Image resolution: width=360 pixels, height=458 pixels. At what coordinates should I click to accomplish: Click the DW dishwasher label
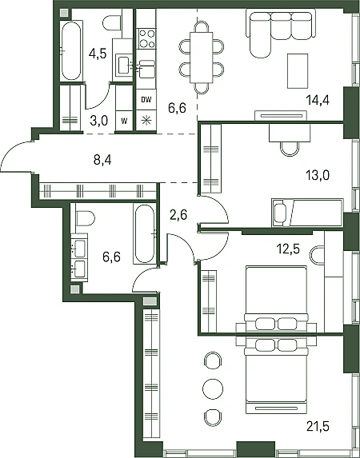tap(146, 100)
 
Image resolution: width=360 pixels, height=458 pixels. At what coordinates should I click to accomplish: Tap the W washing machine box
tap(124, 121)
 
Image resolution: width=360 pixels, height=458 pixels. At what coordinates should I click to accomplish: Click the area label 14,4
tap(318, 101)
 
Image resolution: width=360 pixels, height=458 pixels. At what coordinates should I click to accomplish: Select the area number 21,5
tap(318, 427)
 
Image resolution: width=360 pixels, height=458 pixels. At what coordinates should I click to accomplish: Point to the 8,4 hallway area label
tap(102, 160)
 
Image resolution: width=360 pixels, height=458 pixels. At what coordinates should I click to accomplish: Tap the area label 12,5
tap(288, 249)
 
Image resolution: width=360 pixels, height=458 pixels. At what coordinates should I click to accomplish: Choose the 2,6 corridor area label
tap(178, 216)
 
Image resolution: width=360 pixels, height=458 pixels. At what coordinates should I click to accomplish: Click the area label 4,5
tap(98, 54)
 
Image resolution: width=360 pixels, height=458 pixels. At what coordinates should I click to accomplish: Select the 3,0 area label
tap(99, 121)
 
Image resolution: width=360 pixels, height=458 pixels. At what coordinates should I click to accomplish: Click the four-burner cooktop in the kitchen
tap(146, 38)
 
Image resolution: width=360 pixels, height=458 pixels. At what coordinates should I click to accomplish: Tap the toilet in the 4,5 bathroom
tap(112, 23)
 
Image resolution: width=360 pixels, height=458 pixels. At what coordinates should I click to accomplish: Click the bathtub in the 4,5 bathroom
tap(71, 50)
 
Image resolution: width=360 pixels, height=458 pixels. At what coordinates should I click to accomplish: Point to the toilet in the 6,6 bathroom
tap(85, 218)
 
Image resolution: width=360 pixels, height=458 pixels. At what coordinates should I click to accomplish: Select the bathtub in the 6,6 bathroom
tap(145, 233)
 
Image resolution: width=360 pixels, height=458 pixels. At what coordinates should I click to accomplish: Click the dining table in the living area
tap(202, 58)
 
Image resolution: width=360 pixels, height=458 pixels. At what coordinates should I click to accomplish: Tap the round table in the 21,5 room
tap(213, 389)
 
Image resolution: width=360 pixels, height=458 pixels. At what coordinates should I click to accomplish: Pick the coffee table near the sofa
tap(298, 71)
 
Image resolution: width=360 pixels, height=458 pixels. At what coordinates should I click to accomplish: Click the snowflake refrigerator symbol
tap(146, 121)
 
